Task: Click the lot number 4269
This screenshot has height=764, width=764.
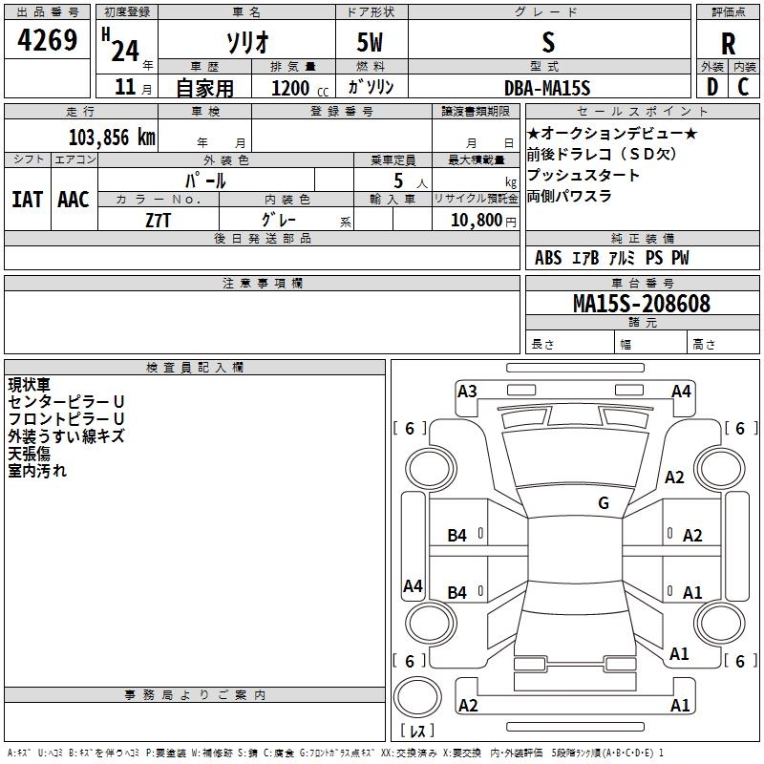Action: pyautogui.click(x=47, y=39)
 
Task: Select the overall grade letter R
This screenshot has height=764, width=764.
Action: pyautogui.click(x=728, y=44)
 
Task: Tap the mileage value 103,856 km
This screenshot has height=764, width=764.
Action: pyautogui.click(x=112, y=138)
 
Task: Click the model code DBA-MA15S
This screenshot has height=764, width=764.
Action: pyautogui.click(x=547, y=88)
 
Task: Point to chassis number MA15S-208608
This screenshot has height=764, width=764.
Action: pyautogui.click(x=642, y=304)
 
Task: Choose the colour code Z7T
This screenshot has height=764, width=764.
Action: pyautogui.click(x=158, y=221)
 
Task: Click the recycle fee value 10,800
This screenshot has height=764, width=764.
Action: pyautogui.click(x=477, y=220)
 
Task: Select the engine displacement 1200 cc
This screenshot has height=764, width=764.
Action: pyautogui.click(x=300, y=88)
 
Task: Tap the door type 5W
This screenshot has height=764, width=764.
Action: pyautogui.click(x=370, y=42)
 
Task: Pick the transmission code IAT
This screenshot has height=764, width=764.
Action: pyautogui.click(x=28, y=200)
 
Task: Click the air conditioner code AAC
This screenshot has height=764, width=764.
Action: pyautogui.click(x=74, y=200)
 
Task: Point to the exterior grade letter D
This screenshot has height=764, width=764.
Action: pyautogui.click(x=712, y=87)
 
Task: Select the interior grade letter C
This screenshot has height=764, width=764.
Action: pyautogui.click(x=743, y=87)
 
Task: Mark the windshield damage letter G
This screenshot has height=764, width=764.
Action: pyautogui.click(x=604, y=503)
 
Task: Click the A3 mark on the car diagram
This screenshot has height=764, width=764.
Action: pyautogui.click(x=467, y=392)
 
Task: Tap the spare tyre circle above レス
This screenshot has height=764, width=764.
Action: pyautogui.click(x=417, y=697)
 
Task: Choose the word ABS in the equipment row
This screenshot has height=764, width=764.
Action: pyautogui.click(x=548, y=258)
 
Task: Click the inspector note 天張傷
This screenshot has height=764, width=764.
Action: pyautogui.click(x=30, y=454)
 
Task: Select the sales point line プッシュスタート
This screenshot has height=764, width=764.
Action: pyautogui.click(x=583, y=175)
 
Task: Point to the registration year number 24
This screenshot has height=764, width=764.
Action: pyautogui.click(x=125, y=51)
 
